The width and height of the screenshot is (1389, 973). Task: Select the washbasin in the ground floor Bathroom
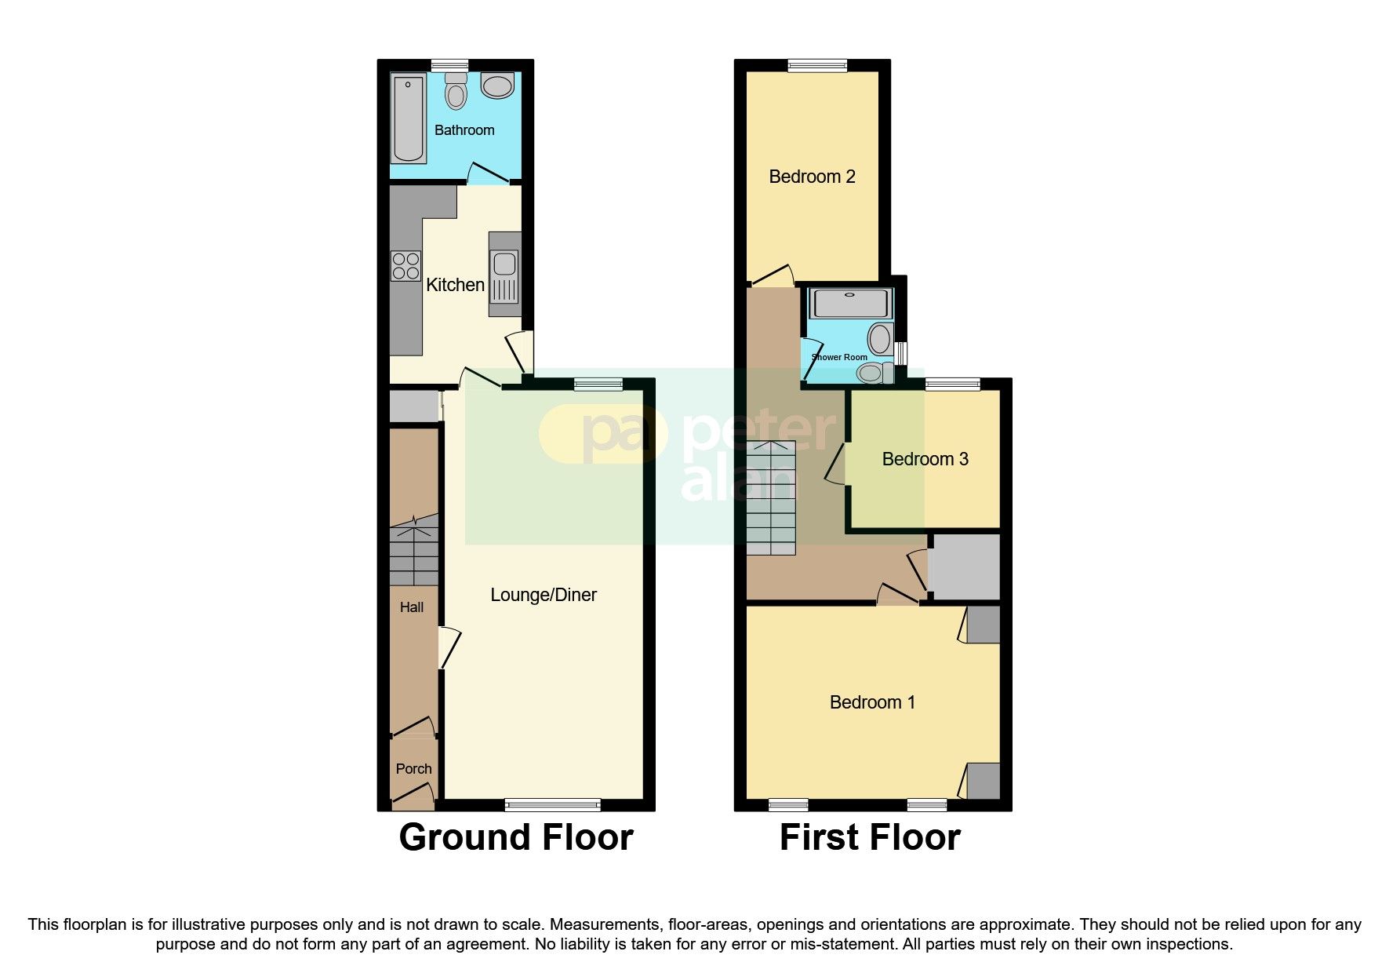click(497, 85)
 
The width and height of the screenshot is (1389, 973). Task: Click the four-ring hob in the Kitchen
click(405, 265)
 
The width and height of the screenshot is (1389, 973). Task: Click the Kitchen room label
click(455, 285)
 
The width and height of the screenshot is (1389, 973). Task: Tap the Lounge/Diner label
click(544, 595)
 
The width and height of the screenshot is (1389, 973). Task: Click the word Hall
click(412, 607)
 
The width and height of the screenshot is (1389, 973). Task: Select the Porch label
click(413, 769)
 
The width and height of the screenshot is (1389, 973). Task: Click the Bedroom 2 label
click(812, 177)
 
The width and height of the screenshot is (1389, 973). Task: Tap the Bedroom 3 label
click(925, 459)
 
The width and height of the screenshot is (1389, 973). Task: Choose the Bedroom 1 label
click(872, 702)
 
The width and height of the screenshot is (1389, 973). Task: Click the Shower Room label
click(839, 357)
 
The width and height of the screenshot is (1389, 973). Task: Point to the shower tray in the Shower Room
click(850, 303)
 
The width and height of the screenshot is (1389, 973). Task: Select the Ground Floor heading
click(516, 837)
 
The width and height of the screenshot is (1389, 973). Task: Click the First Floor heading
click(870, 837)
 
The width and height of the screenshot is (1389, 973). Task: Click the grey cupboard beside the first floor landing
click(964, 567)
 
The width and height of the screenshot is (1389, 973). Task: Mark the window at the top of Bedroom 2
click(817, 66)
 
